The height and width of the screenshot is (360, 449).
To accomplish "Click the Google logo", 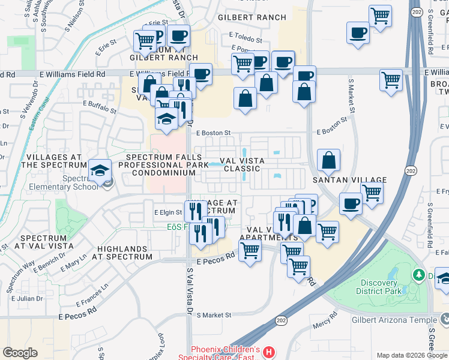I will pos(20,353).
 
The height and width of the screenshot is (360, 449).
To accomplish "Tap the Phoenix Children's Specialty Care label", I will pos(226,353).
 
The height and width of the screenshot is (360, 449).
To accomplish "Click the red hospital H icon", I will pos(270,352).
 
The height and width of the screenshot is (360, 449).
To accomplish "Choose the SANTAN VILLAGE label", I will pos(348,179).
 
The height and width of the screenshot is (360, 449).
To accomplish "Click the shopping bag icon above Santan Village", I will pos(328,161).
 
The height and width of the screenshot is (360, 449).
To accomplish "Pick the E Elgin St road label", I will pos(168,212).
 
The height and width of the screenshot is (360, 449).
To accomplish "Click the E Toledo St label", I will pos(246,38).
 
